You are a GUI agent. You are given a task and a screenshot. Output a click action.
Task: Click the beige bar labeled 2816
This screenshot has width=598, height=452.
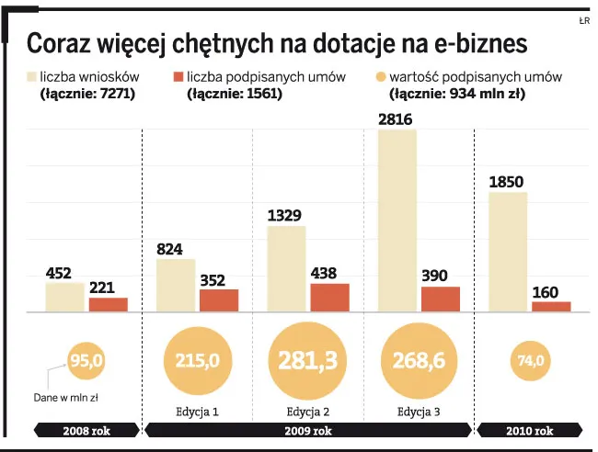[x=397, y=220]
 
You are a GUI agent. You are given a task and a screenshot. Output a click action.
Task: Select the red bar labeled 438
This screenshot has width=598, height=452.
[x=329, y=298]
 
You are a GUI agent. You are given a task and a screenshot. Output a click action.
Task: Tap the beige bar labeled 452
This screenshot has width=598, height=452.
[x=64, y=297]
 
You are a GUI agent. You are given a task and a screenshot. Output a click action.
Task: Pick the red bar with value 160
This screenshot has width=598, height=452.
[x=551, y=307]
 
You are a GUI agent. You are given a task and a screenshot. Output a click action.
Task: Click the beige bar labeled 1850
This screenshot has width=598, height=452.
[x=507, y=252]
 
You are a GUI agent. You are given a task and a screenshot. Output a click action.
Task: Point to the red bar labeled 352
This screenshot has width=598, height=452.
[x=219, y=300]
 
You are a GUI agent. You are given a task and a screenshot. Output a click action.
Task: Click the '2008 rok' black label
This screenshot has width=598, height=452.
[x=87, y=430]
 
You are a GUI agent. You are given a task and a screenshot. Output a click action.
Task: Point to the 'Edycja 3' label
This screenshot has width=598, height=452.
[x=418, y=411]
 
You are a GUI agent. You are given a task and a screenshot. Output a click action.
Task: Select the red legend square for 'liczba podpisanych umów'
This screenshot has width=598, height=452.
[x=178, y=77]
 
